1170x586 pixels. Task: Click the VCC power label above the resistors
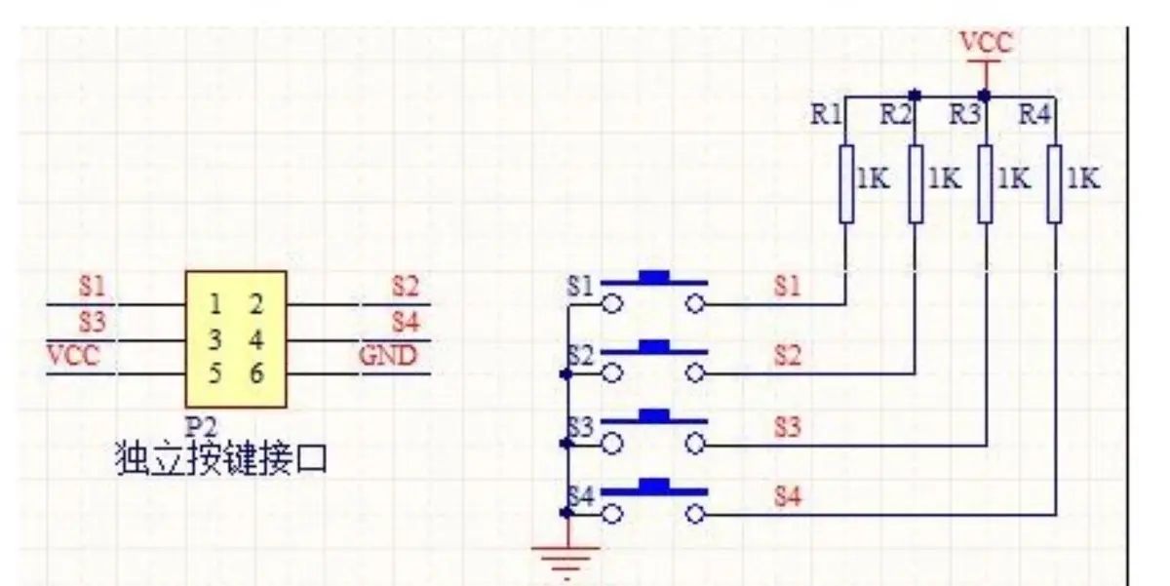(986, 44)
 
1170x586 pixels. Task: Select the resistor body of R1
(846, 182)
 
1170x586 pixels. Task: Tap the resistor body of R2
(915, 182)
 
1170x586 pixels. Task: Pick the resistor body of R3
(985, 182)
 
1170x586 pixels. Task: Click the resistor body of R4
(1054, 182)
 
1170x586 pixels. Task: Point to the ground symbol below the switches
(565, 559)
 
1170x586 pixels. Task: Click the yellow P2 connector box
(236, 339)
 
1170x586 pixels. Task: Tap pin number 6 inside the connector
(255, 373)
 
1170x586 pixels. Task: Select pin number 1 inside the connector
(215, 304)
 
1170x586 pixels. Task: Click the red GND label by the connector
(388, 355)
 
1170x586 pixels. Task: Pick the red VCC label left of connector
(73, 355)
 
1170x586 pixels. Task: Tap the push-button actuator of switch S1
(653, 276)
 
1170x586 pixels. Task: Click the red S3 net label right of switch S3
(787, 426)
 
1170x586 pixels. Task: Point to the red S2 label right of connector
(405, 287)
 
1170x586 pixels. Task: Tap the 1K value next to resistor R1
(873, 179)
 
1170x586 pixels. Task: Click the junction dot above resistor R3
(985, 96)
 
